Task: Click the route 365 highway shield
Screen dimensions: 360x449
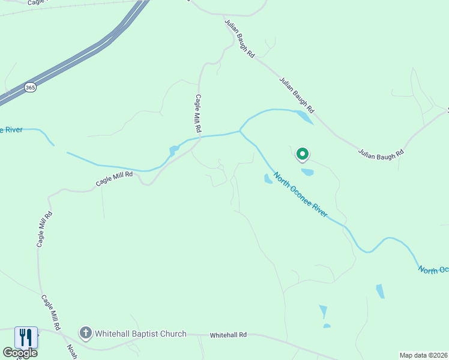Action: (x=30, y=88)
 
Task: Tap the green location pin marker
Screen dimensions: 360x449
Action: (x=303, y=155)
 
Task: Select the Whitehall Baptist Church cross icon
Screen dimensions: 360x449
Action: (x=86, y=333)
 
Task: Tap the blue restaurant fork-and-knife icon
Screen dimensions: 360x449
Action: (x=26, y=337)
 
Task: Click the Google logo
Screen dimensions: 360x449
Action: (x=20, y=352)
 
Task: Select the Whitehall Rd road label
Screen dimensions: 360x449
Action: (x=228, y=335)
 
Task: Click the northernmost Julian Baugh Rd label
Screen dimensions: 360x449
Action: (x=240, y=38)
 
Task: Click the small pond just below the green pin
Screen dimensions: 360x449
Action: (x=307, y=172)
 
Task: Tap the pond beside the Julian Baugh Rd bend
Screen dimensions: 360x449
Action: (x=304, y=117)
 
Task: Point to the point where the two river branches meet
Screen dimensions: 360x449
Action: (x=240, y=130)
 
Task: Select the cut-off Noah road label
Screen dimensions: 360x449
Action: (x=72, y=352)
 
